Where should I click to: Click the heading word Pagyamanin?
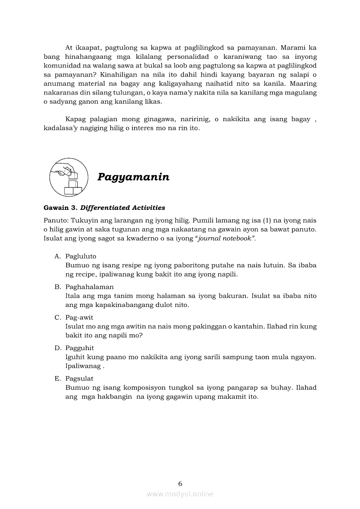pos(133,177)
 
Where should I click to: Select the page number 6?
pos(180,483)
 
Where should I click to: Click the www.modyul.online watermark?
pos(180,494)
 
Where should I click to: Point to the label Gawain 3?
pos(61,208)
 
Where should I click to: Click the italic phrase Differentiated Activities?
pos(122,208)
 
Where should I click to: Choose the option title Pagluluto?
pos(81,256)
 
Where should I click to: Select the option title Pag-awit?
pos(79,317)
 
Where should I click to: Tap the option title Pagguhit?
pos(80,348)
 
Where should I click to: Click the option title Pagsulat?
pos(79,378)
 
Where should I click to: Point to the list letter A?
pos(57,256)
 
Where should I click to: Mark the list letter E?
pos(57,378)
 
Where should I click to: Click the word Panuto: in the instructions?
pos(56,220)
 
